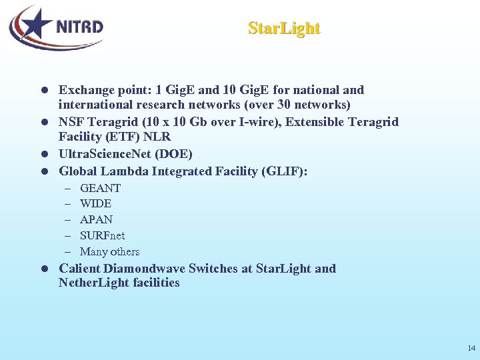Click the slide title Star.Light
coord(284,28)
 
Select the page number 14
coord(471,348)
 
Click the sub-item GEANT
coord(100,188)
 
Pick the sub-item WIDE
coord(95,203)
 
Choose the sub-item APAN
coord(96,219)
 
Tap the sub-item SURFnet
coord(102,235)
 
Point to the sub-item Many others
coord(109,251)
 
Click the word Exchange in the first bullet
coord(85,89)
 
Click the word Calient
coord(80,269)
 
